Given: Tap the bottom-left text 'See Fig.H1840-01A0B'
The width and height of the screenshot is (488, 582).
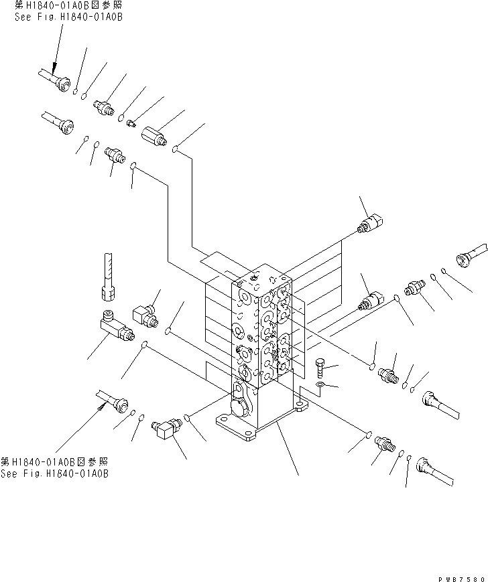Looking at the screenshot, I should (54, 474).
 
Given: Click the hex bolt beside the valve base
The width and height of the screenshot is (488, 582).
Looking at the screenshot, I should (320, 366).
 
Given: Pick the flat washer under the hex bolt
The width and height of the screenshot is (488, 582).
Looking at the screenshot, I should (321, 386).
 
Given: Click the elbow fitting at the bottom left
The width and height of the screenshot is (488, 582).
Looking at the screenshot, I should (168, 427).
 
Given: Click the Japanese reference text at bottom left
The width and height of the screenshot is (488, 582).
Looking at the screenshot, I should (54, 463).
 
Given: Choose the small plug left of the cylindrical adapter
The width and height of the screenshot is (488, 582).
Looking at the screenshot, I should (131, 123).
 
